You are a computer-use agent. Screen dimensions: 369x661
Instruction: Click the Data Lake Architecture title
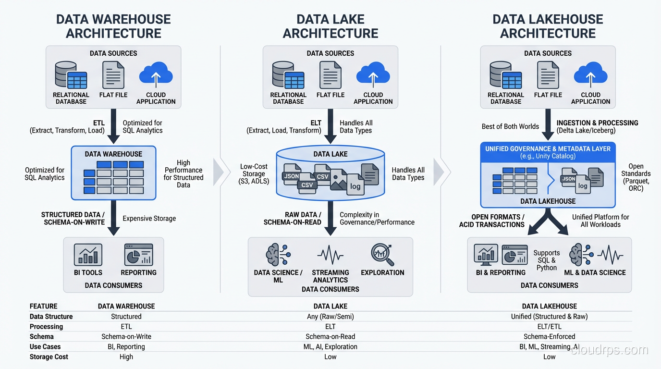point(330,26)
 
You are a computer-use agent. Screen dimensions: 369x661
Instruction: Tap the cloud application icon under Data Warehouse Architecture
point(156,75)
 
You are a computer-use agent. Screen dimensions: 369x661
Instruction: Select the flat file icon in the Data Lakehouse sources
point(548,75)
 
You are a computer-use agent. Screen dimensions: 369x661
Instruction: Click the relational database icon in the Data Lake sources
point(288,75)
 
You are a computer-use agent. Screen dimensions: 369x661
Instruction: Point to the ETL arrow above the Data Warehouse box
point(113,126)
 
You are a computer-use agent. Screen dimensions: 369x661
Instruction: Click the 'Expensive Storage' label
point(149,219)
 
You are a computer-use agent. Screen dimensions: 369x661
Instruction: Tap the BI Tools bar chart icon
point(88,255)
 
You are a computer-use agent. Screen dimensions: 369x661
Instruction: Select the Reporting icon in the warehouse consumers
point(138,255)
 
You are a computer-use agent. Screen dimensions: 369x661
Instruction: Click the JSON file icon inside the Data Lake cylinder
point(291,175)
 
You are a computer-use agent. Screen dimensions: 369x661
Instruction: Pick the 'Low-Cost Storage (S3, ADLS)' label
point(254,174)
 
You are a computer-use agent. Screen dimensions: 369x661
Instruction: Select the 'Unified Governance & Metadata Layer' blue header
point(548,152)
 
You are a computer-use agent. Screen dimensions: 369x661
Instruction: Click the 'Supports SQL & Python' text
point(547,260)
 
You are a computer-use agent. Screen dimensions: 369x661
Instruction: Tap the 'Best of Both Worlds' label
point(510,126)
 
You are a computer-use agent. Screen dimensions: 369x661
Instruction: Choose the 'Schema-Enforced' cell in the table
point(549,337)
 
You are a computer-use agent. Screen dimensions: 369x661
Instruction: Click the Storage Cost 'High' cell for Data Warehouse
point(126,357)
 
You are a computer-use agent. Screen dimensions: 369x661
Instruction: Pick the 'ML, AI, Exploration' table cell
point(330,347)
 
